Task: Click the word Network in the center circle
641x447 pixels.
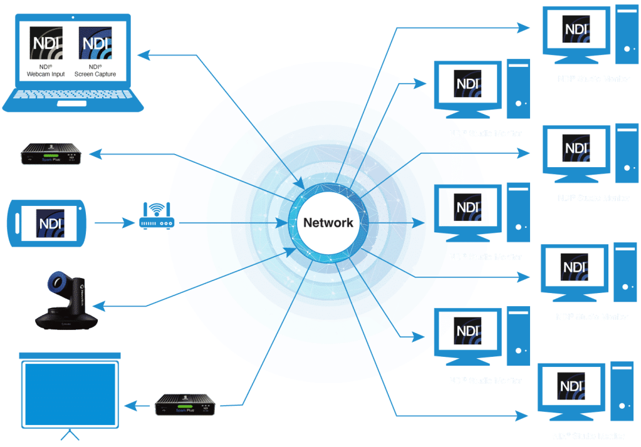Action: point(328,223)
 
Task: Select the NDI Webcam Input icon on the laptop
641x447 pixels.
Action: point(46,43)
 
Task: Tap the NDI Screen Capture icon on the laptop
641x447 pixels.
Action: point(95,43)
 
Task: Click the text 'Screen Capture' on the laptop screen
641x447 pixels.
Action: point(95,74)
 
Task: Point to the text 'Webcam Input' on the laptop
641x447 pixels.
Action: point(46,74)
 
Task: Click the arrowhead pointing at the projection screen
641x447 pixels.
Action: point(128,406)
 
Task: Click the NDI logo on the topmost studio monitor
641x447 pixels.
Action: point(576,29)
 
